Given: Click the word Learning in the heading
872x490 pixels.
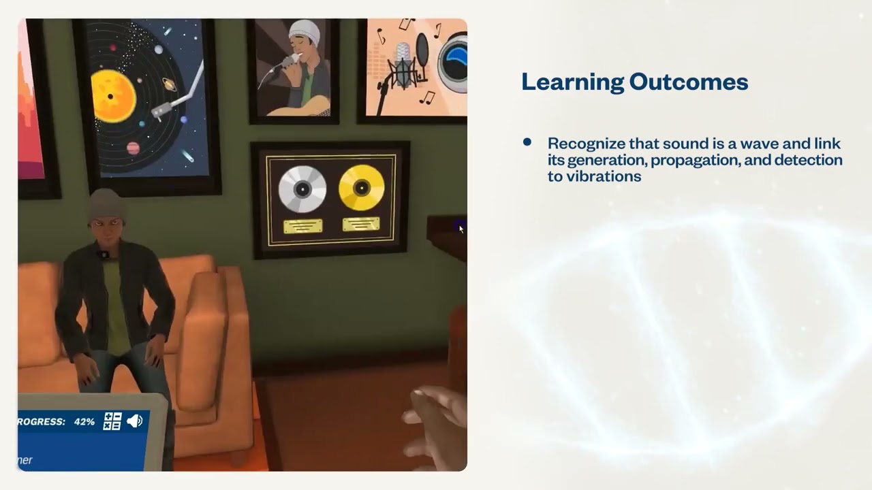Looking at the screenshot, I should point(572,82).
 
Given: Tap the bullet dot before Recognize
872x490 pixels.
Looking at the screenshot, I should point(527,142).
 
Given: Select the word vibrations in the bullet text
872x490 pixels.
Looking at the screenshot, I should point(608,176).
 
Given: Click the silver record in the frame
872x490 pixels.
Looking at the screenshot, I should point(302,189).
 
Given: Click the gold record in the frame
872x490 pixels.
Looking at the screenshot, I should point(361,187).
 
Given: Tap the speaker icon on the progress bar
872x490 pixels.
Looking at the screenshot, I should point(134,421).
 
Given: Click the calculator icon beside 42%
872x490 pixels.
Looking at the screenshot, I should point(112,421).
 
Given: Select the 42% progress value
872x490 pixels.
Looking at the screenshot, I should point(84,422).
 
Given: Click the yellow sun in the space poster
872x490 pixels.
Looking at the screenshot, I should point(113,96).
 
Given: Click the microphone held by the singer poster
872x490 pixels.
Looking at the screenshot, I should point(286,63).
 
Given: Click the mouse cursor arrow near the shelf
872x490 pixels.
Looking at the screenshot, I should point(461,229).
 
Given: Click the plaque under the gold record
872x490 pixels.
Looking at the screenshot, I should point(361,223).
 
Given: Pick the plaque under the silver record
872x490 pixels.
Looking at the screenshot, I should point(303,226).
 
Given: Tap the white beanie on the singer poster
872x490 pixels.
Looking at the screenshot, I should point(304,31).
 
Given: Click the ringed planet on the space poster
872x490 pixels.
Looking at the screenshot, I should point(168,84).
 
